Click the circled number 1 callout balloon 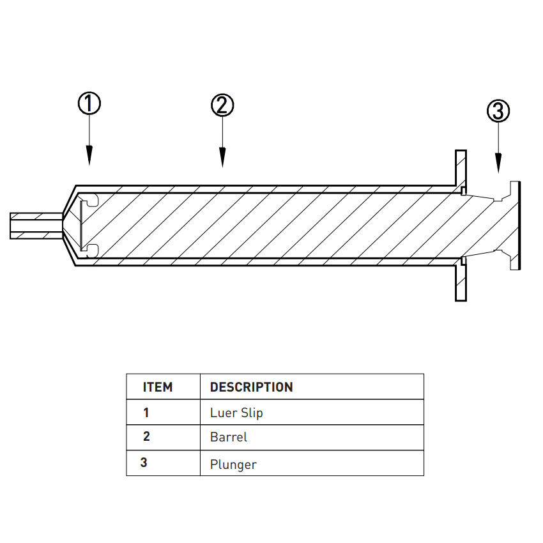[89, 103]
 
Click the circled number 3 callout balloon [498, 111]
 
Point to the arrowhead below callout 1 [89, 156]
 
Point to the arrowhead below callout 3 [498, 164]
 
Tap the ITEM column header [158, 387]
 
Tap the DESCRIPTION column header [252, 387]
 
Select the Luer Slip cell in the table [236, 413]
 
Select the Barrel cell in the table [229, 438]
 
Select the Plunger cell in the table [233, 464]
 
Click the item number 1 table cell [146, 413]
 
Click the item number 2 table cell [146, 437]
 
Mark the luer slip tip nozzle [35, 226]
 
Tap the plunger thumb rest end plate [515, 225]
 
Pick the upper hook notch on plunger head [90, 201]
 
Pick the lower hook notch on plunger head [90, 249]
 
